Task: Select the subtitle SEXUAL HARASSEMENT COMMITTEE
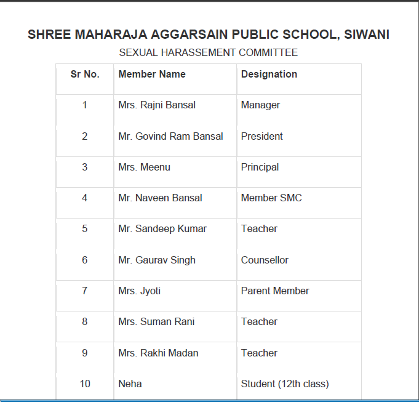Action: click(x=208, y=53)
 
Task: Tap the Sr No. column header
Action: click(x=85, y=74)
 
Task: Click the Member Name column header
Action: click(x=152, y=74)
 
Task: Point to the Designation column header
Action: click(x=269, y=74)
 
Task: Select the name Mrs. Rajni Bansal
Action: click(x=157, y=105)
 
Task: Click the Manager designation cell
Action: click(x=260, y=105)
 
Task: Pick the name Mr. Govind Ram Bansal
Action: click(x=170, y=136)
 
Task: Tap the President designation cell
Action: click(x=261, y=136)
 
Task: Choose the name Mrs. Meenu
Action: click(x=144, y=167)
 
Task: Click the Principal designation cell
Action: click(x=260, y=167)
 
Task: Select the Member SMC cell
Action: click(x=271, y=198)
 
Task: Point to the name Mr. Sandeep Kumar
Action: click(x=162, y=228)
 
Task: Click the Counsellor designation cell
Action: click(x=265, y=260)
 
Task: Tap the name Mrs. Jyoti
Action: click(x=139, y=291)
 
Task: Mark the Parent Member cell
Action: click(x=275, y=291)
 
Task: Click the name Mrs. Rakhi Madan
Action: click(x=158, y=353)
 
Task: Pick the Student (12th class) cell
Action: click(x=285, y=384)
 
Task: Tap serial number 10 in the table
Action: click(x=85, y=384)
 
